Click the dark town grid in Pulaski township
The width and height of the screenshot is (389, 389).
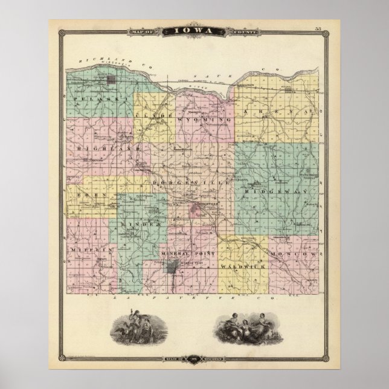point(112,80)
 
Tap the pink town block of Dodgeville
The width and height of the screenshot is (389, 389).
point(199,210)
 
